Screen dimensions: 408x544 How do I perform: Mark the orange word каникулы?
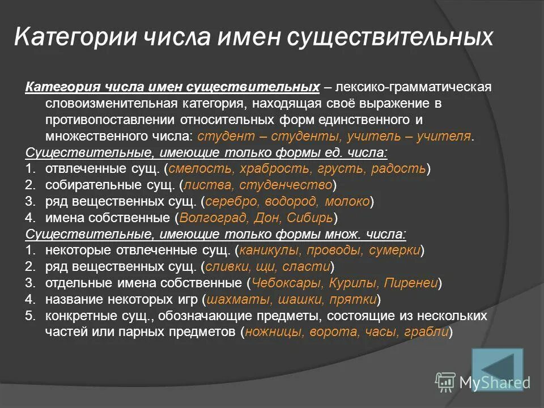point(266,250)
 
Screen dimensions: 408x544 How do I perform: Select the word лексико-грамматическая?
point(415,87)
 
